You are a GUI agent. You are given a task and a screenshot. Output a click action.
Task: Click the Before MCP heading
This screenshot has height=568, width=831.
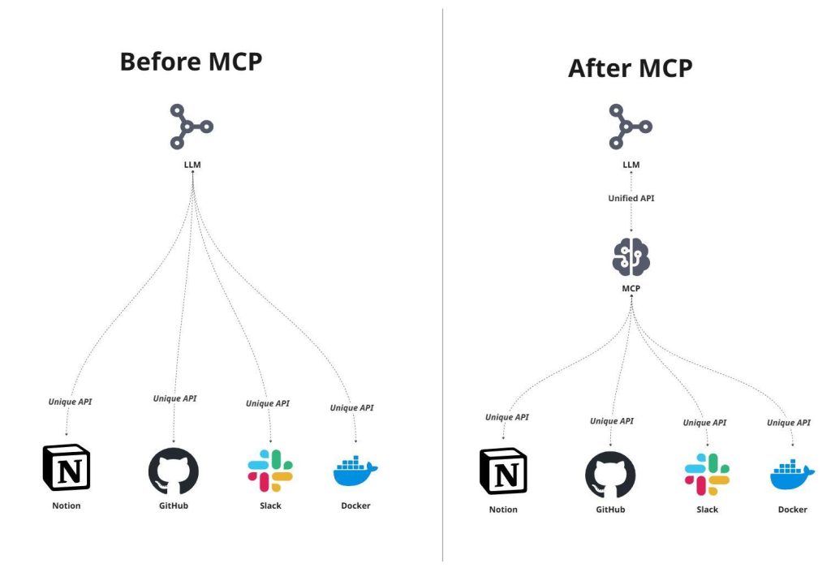(191, 62)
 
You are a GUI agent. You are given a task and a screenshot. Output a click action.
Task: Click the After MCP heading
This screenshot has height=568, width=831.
(630, 68)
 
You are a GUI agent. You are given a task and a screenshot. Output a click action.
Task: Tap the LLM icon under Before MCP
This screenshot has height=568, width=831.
(191, 127)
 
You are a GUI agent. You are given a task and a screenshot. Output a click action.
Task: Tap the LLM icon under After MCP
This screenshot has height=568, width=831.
(631, 127)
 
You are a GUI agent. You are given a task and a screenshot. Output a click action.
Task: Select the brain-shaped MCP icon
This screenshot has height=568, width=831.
(631, 256)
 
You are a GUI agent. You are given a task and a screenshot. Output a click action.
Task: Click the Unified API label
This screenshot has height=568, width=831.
(631, 198)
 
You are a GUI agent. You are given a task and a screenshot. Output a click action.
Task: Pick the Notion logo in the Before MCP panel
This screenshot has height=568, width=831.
(66, 468)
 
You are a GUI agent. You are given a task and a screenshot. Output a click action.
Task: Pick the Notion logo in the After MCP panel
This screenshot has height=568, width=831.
(503, 471)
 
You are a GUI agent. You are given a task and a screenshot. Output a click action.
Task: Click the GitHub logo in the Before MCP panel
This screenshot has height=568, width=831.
(173, 471)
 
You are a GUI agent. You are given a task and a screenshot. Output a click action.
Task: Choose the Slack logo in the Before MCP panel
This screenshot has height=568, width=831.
(270, 471)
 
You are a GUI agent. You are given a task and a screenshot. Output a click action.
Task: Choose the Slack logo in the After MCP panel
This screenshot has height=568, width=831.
(707, 475)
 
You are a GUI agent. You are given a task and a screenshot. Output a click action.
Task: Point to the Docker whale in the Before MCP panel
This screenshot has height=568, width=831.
(355, 471)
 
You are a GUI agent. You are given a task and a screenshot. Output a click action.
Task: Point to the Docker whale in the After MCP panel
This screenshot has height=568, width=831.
(792, 475)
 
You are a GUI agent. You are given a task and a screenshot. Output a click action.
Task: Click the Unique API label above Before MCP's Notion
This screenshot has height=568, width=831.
(70, 402)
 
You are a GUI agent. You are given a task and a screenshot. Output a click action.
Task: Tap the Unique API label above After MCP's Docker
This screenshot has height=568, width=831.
(789, 423)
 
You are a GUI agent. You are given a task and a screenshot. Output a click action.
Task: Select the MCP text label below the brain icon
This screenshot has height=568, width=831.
(631, 288)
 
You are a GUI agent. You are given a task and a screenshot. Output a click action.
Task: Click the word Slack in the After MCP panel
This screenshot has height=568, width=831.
(707, 510)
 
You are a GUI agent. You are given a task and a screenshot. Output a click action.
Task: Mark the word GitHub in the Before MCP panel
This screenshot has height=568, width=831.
(173, 506)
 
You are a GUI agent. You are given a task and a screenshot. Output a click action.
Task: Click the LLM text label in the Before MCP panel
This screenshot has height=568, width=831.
(192, 165)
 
